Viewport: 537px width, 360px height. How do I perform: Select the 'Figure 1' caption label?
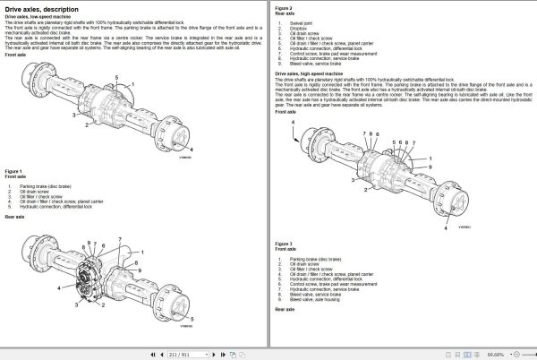[14, 168]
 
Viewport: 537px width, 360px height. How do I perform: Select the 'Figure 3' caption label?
[285, 243]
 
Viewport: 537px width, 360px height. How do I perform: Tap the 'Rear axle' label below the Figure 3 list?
[285, 310]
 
